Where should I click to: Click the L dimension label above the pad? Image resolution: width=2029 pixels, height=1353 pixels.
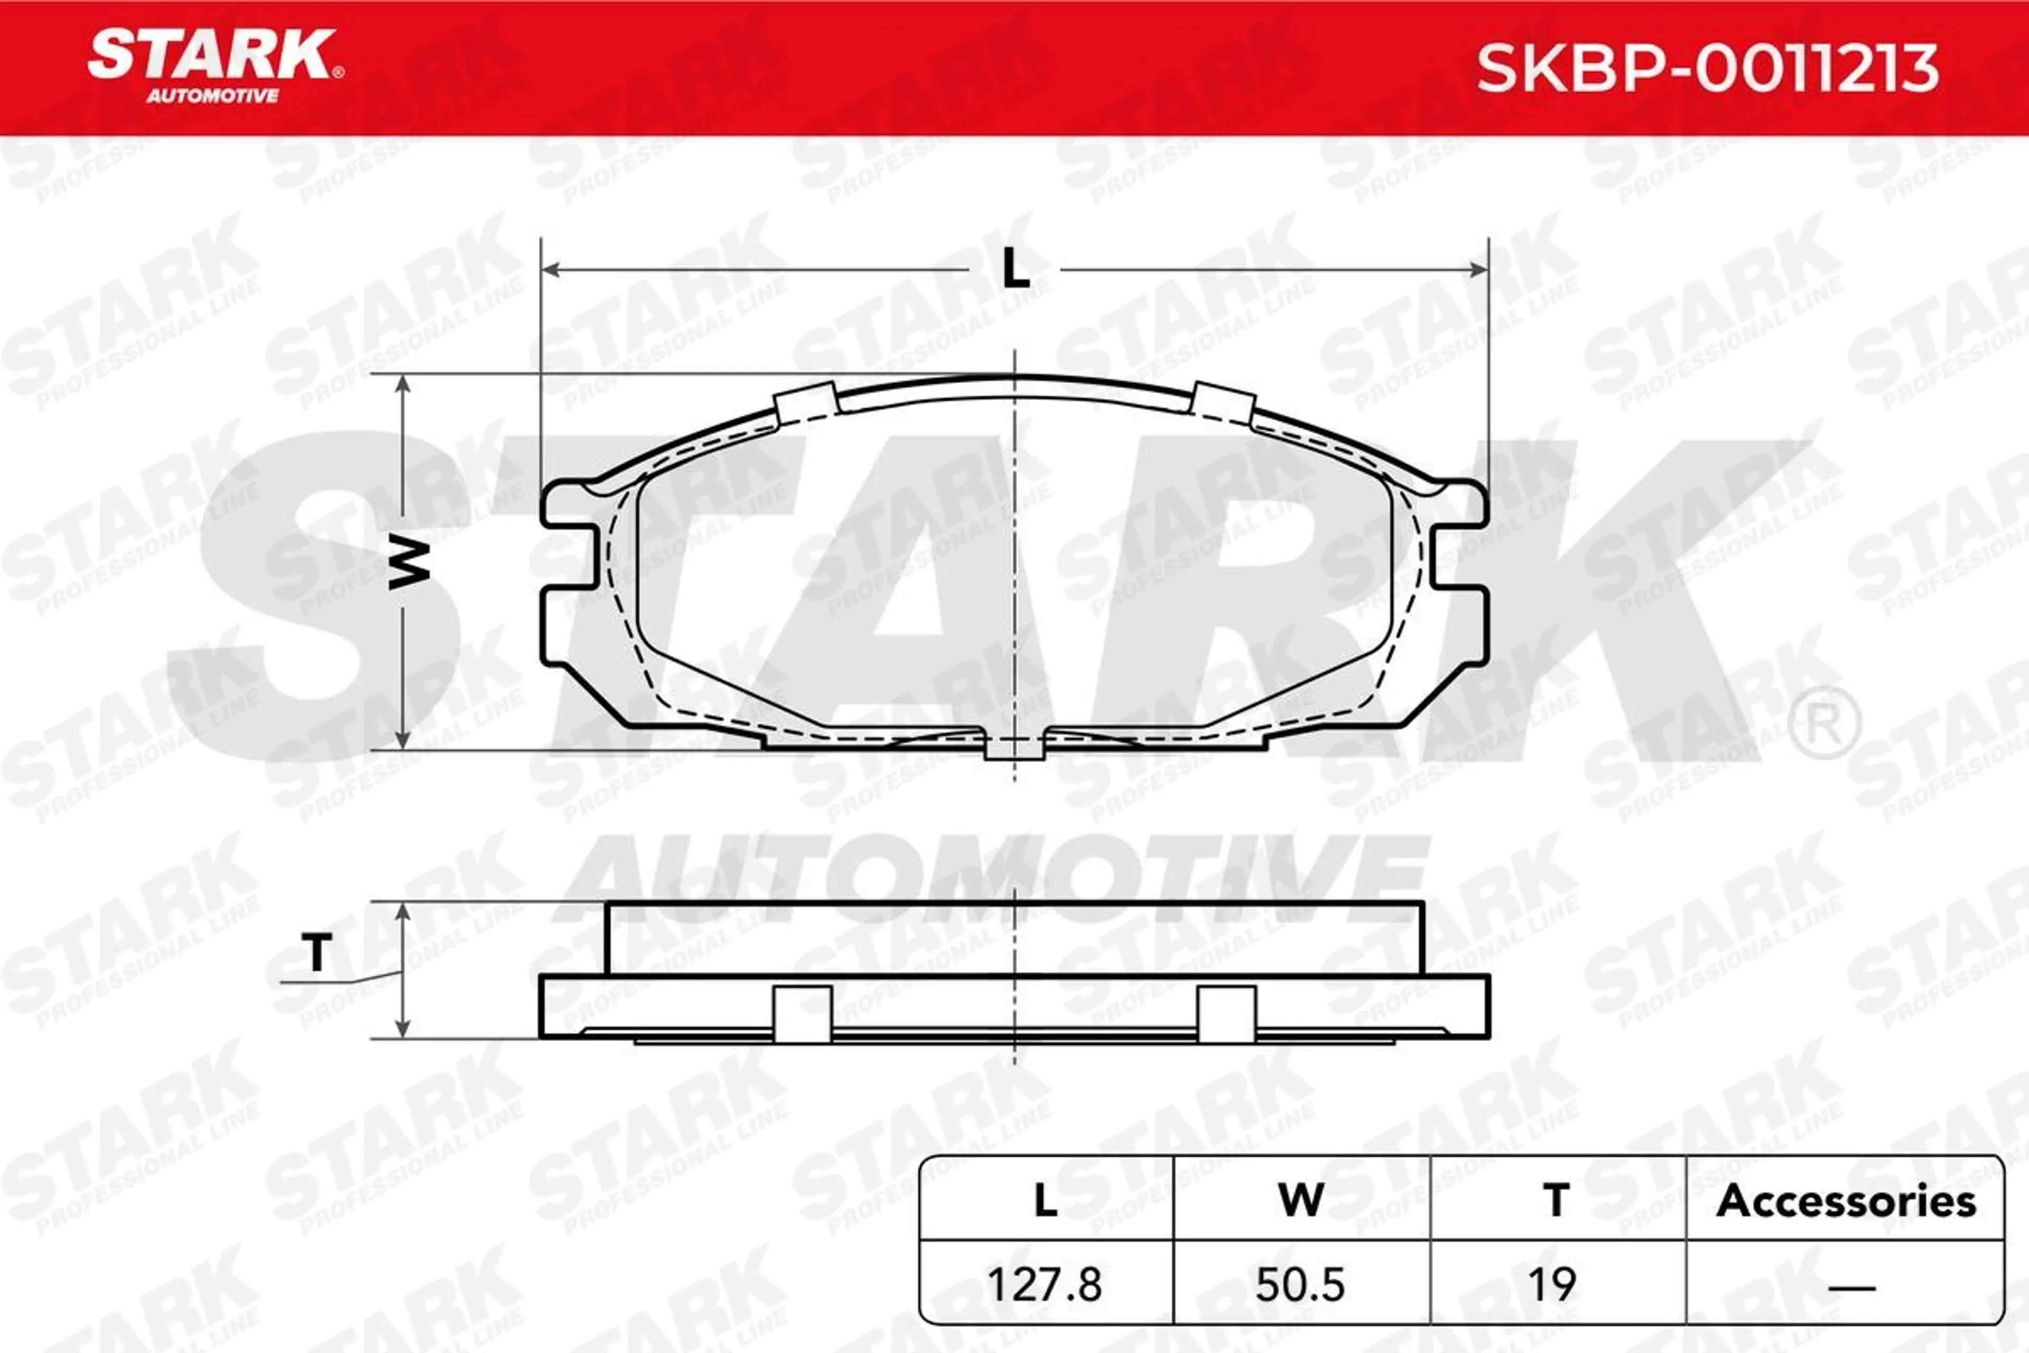[x=1016, y=270]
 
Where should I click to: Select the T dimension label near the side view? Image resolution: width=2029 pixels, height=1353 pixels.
[x=318, y=952]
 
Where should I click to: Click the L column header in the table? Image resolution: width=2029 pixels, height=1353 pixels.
[x=1046, y=1200]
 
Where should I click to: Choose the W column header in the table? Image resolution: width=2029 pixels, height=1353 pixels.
[x=1301, y=1200]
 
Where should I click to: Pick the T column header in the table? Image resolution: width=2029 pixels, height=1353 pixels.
[x=1556, y=1200]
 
